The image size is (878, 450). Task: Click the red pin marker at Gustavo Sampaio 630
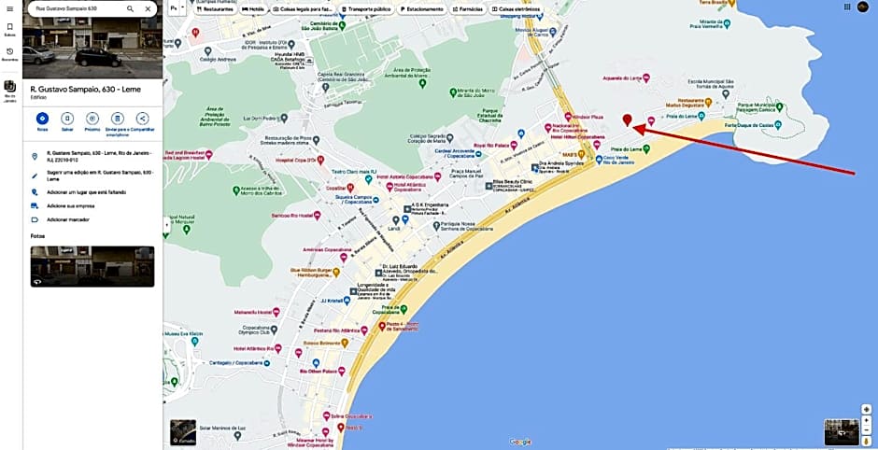pos(628,120)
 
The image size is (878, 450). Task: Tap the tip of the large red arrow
pos(642,132)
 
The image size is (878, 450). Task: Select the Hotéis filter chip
pos(253,8)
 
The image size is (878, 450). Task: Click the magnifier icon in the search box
pos(130,8)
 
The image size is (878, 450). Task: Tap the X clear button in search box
pos(148,8)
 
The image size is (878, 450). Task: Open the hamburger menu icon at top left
pos(9,8)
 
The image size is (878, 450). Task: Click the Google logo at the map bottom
pos(520,442)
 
